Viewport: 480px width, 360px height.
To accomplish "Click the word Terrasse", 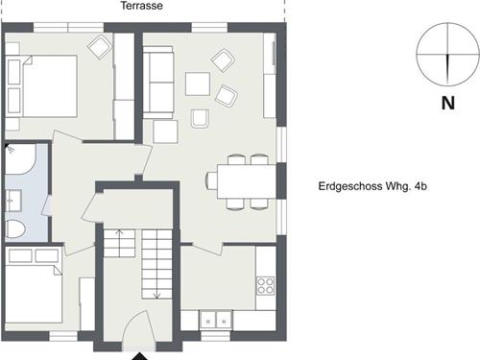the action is point(142,6).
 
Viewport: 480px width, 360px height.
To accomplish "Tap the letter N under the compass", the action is point(448,103).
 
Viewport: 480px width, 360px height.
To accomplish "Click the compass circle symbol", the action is point(448,55).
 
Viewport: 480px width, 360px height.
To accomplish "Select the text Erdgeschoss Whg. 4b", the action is point(372,186).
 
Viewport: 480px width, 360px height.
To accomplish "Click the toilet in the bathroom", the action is point(15,228).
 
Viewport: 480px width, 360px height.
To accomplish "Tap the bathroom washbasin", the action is point(13,201).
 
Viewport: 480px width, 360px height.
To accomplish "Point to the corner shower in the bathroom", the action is point(20,159).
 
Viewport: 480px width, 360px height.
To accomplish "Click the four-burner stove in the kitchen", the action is point(266,286).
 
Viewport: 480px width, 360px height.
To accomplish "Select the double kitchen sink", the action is point(216,320).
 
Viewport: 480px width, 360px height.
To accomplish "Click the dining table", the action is point(247,181).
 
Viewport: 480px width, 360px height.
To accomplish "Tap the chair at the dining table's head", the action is point(212,180).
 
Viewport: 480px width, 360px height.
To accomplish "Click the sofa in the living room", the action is point(158,83).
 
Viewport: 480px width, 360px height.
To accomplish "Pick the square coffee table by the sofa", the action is point(198,84).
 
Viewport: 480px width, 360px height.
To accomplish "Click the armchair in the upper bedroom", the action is point(100,47).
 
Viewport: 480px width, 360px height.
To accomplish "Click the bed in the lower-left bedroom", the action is point(34,294).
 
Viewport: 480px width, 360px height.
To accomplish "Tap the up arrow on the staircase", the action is point(119,237).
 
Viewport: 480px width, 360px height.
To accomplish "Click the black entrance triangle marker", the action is point(139,356).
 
